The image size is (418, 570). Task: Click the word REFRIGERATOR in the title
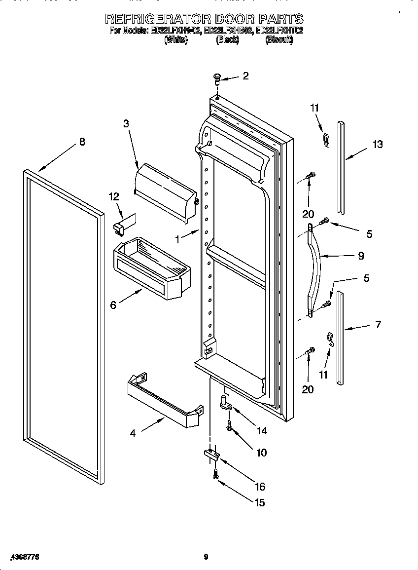coord(157,19)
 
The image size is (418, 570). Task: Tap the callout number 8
coord(82,142)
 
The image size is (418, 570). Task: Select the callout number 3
coord(126,123)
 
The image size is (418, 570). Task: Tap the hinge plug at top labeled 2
coord(217,78)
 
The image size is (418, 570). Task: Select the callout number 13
coord(377,144)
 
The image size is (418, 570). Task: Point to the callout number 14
coord(262,430)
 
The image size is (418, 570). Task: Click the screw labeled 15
coord(216,474)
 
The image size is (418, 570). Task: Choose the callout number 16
coord(260,487)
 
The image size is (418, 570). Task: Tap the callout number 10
coord(261,453)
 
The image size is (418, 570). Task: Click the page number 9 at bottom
coord(206,557)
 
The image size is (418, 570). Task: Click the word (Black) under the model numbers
coord(227,40)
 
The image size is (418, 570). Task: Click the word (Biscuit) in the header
coord(279,40)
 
